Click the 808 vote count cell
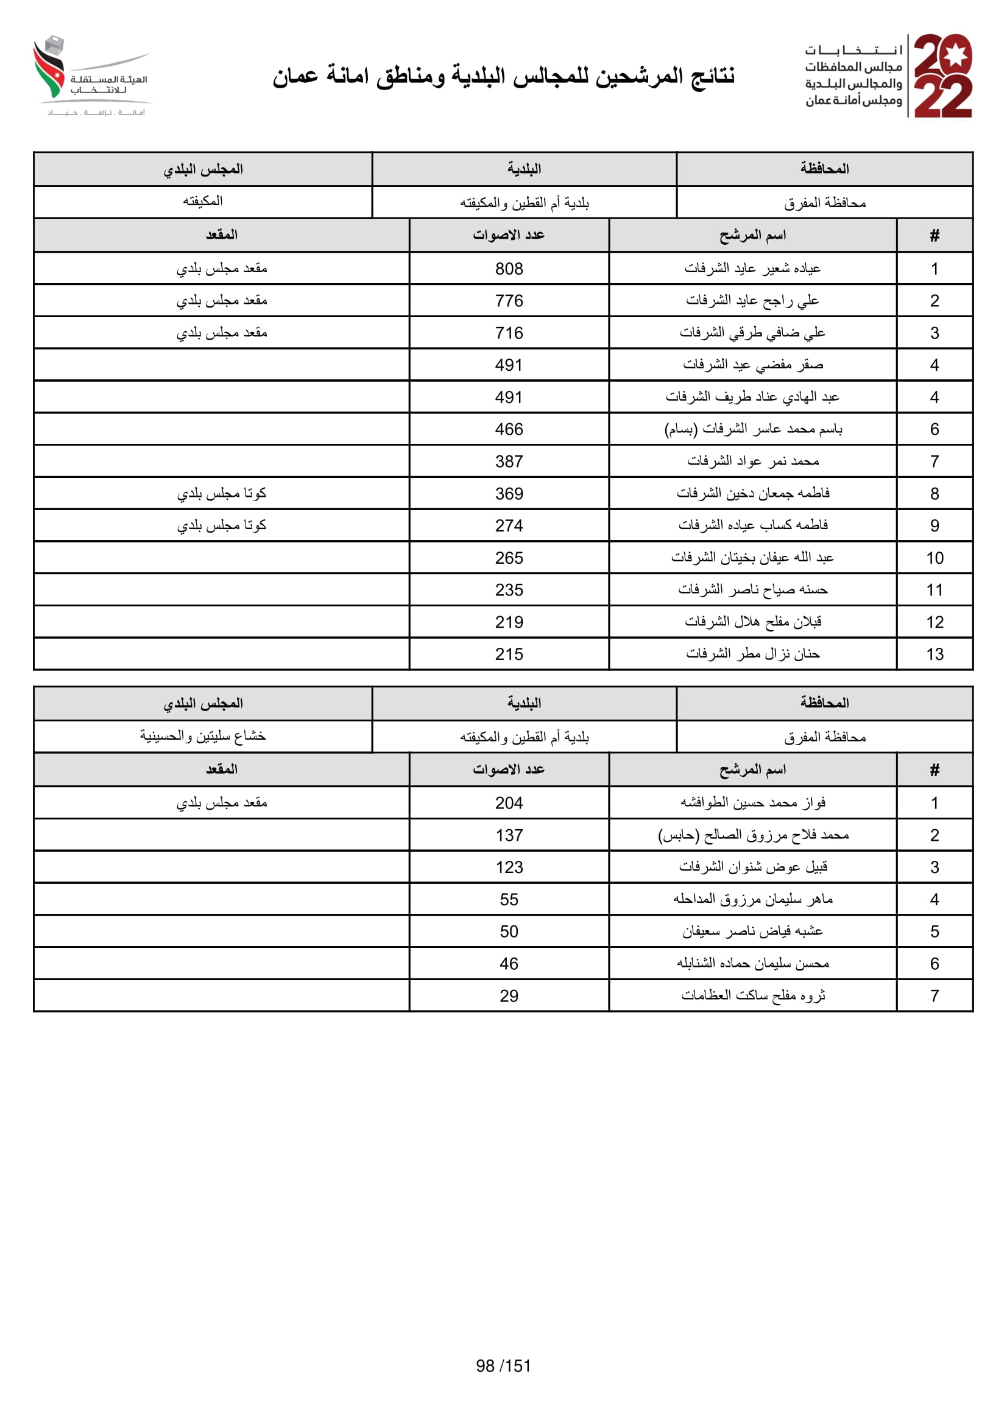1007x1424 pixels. (509, 268)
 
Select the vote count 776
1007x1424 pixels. (509, 301)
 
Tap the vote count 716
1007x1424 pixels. (509, 333)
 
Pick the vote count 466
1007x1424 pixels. (509, 429)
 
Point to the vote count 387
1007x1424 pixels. (509, 461)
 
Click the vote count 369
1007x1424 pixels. (509, 494)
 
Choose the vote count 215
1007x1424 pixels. (509, 654)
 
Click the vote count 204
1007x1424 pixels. (509, 803)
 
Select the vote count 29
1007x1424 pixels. (509, 996)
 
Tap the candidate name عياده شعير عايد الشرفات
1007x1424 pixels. (752, 268)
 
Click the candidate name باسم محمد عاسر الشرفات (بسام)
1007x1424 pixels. (752, 429)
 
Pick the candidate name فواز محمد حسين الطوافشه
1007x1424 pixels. (752, 803)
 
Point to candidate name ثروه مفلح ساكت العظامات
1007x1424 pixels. (752, 996)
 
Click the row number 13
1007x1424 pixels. (935, 654)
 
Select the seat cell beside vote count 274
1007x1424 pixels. (222, 526)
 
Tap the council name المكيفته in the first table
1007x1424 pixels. (203, 202)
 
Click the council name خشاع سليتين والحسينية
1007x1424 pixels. (203, 736)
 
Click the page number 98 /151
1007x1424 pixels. (503, 1366)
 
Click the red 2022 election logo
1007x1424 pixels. (942, 75)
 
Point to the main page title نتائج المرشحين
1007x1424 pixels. (503, 76)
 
